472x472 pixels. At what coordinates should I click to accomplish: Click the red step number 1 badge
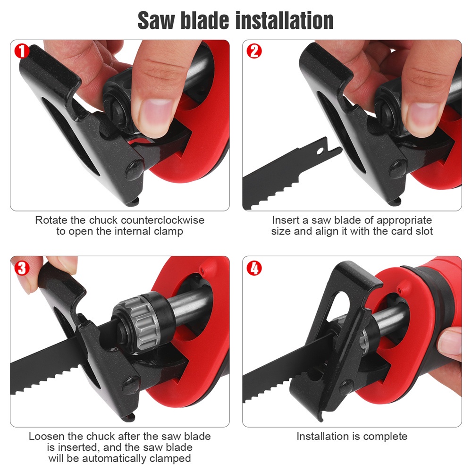22,51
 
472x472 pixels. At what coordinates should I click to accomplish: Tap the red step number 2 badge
254,51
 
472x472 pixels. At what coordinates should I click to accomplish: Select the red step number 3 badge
22,268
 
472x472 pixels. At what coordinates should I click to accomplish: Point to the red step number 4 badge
254,268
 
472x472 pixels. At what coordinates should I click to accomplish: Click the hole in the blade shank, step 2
320,150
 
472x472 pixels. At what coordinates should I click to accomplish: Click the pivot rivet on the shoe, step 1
135,169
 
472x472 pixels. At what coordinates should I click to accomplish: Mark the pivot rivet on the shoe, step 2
398,169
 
